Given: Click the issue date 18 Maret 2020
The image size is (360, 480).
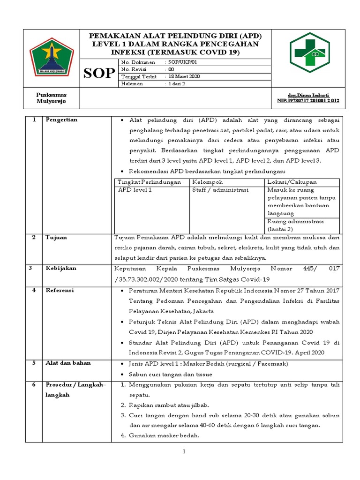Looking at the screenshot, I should (x=184, y=76).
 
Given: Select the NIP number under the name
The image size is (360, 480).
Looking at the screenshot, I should (x=308, y=101).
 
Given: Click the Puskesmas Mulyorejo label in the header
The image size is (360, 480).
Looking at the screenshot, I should (x=52, y=98).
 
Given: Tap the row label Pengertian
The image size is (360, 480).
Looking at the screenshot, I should (x=61, y=120).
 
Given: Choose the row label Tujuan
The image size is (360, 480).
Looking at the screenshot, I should (x=56, y=238).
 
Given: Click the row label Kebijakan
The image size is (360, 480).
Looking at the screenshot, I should (x=60, y=269).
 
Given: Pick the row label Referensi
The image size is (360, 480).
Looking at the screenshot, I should (x=60, y=291).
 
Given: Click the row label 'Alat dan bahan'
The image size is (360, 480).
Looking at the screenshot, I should (x=68, y=363).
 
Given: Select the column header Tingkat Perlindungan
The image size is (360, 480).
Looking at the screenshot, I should (x=149, y=182).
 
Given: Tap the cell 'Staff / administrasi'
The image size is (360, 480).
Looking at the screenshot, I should (x=220, y=190).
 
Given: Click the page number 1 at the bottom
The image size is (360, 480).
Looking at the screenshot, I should (x=184, y=452).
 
